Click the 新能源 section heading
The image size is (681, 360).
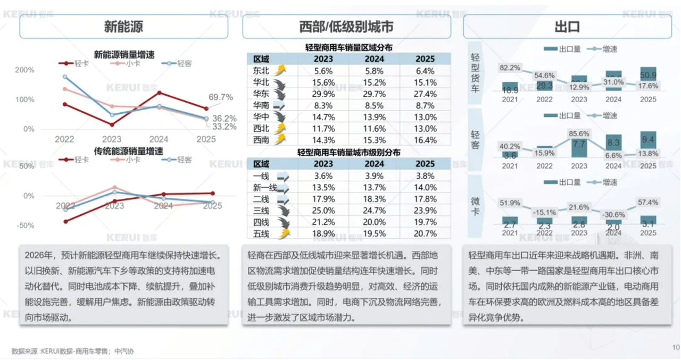123,27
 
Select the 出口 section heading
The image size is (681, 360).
567,27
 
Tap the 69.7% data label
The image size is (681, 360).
220,97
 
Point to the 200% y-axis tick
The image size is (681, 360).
25,70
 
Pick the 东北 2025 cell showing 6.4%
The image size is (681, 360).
426,71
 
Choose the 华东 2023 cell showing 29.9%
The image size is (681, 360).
323,94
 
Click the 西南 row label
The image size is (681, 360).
261,140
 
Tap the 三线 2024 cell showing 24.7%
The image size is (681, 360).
374,211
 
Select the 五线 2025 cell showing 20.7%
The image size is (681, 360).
426,233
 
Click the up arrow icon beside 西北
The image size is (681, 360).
279,129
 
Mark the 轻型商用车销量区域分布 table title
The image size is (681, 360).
349,47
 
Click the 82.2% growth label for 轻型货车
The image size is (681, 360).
510,68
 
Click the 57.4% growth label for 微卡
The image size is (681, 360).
647,203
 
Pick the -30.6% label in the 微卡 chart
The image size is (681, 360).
613,214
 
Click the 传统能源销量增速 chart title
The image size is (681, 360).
129,151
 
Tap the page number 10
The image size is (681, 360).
676,348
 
